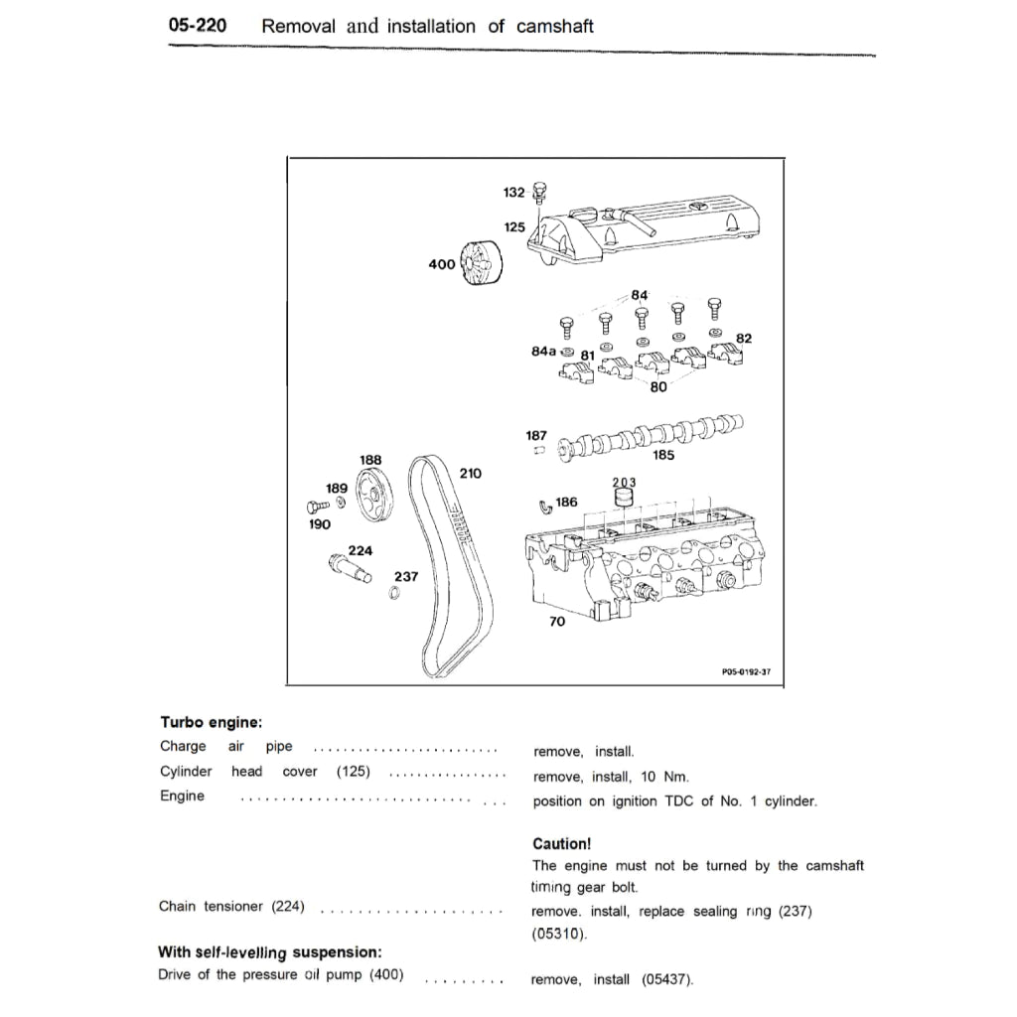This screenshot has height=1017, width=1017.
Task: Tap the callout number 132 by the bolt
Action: click(x=513, y=191)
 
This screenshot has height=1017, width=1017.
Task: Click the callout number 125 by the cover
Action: click(x=513, y=227)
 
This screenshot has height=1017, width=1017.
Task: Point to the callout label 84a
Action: click(x=543, y=351)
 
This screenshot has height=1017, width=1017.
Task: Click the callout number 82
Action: click(x=743, y=339)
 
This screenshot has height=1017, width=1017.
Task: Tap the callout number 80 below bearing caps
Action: click(x=657, y=387)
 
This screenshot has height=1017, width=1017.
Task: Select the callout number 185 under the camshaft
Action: click(x=663, y=456)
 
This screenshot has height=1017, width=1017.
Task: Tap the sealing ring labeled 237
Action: click(x=394, y=594)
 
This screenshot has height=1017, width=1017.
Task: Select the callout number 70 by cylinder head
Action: click(x=556, y=622)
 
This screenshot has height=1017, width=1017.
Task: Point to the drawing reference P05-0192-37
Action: click(x=746, y=671)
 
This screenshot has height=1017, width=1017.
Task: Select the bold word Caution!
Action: click(x=562, y=843)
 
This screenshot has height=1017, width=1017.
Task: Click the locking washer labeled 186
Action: click(x=544, y=508)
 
